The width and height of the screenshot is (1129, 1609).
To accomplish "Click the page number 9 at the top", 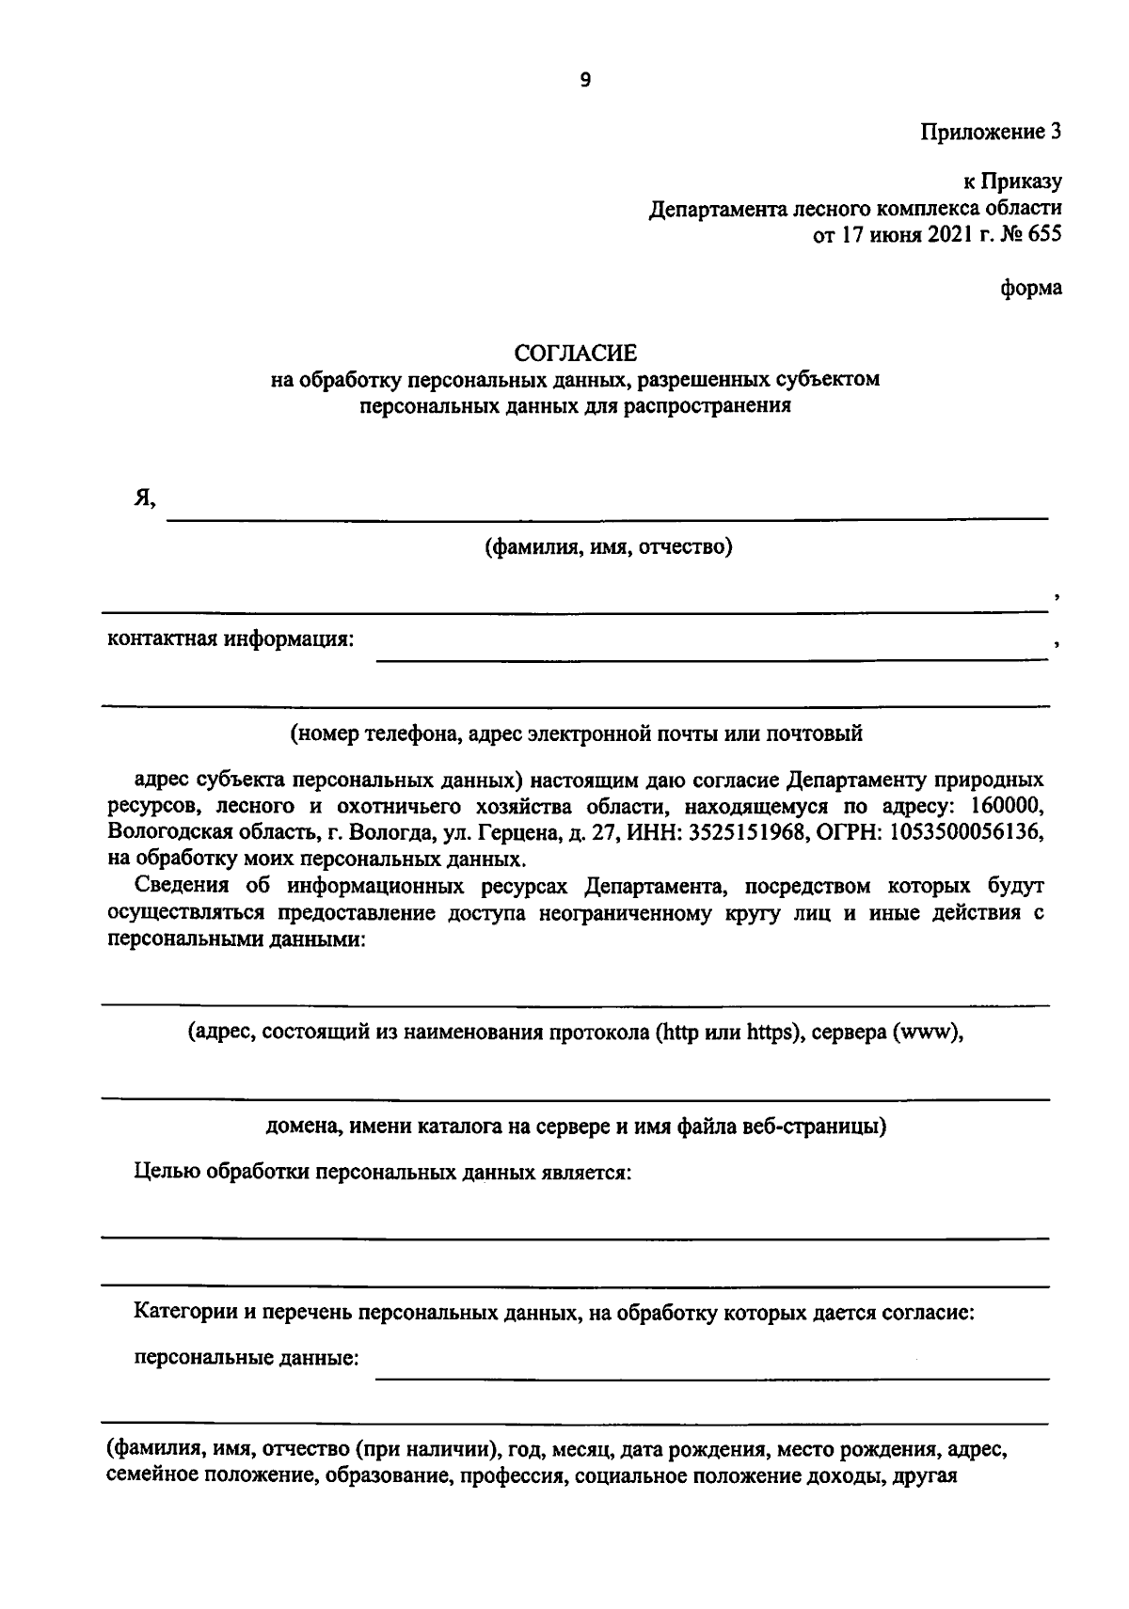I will (585, 81).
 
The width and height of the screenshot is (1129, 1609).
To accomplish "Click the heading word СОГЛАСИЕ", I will (575, 353).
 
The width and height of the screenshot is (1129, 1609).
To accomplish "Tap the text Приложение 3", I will (991, 132).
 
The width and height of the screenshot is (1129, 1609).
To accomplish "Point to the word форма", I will (1031, 289).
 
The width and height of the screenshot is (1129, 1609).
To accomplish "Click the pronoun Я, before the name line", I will (144, 501).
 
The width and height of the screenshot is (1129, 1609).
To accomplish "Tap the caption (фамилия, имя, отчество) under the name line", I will (608, 546).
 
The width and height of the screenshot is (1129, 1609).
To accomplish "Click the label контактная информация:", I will (231, 640).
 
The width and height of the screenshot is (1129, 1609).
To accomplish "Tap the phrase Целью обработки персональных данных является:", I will (382, 1172).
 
